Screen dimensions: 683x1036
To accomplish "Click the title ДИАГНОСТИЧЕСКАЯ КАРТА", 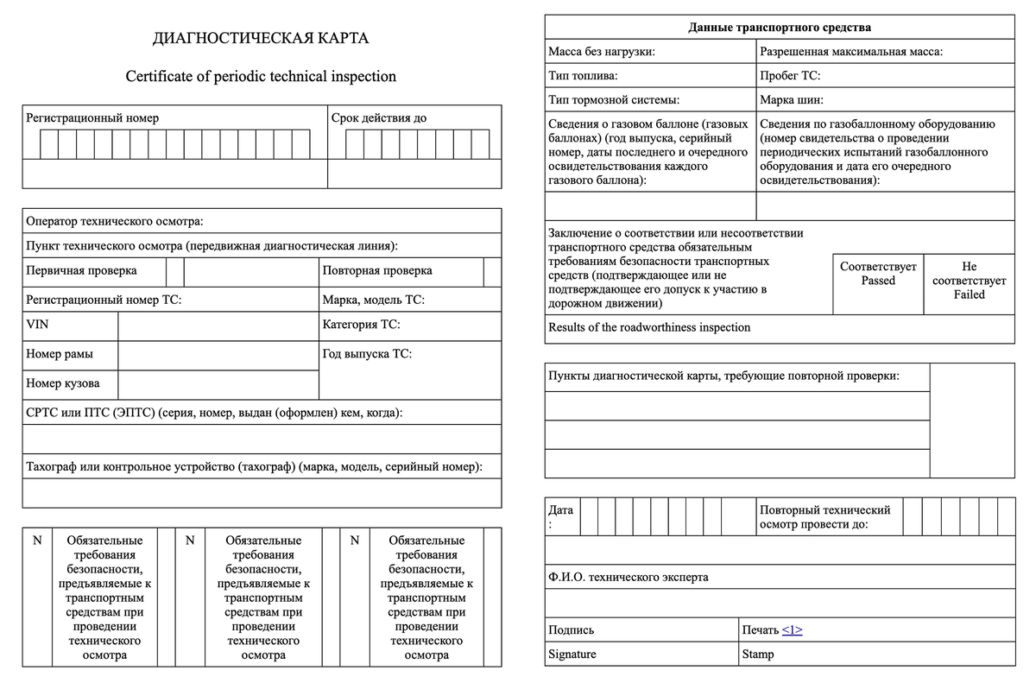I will pos(261,38).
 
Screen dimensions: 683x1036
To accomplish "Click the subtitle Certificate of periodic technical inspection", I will pos(261,76).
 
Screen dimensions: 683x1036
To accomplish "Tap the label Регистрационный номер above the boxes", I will pos(92,118).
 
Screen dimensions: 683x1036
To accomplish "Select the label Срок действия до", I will pos(378,118).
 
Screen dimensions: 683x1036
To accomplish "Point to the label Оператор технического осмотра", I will pos(115,222).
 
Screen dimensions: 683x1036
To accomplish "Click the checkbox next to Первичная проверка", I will pos(174,271).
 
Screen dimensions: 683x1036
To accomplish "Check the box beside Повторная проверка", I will pos(492,271).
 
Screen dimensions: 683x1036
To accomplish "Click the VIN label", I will pos(37,325).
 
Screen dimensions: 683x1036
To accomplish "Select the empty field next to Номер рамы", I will pos(218,355).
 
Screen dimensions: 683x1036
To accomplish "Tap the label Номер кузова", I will pos(62,383).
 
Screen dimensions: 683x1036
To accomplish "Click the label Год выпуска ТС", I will pos(367,354).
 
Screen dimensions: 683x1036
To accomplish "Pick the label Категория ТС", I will pos(361,325).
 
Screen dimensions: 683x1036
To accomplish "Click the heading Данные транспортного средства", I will pos(780,28).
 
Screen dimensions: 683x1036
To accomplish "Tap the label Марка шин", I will pos(792,99).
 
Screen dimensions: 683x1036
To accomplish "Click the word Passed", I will pos(878,281).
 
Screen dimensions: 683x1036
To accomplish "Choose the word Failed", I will pos(969,294).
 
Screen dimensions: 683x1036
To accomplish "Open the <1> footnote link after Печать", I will pos(793,630).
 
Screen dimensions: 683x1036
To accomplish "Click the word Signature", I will pos(572,655).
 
